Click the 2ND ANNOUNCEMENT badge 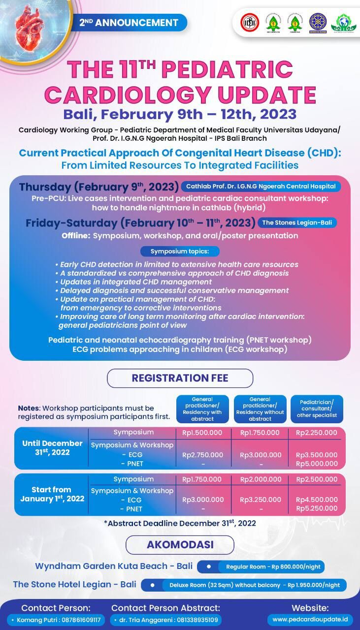tap(129, 23)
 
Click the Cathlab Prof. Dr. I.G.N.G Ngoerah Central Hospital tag tap(261, 187)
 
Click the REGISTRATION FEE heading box tap(180, 378)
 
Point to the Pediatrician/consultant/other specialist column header tap(317, 409)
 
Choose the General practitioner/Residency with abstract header tap(202, 409)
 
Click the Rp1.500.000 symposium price tap(202, 433)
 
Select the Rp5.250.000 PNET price tap(317, 508)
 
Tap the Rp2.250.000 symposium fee tap(317, 433)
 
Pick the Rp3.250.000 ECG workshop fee tap(260, 500)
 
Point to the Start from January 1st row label tap(52, 494)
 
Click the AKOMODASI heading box tap(180, 545)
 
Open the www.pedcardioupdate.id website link tap(310, 619)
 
